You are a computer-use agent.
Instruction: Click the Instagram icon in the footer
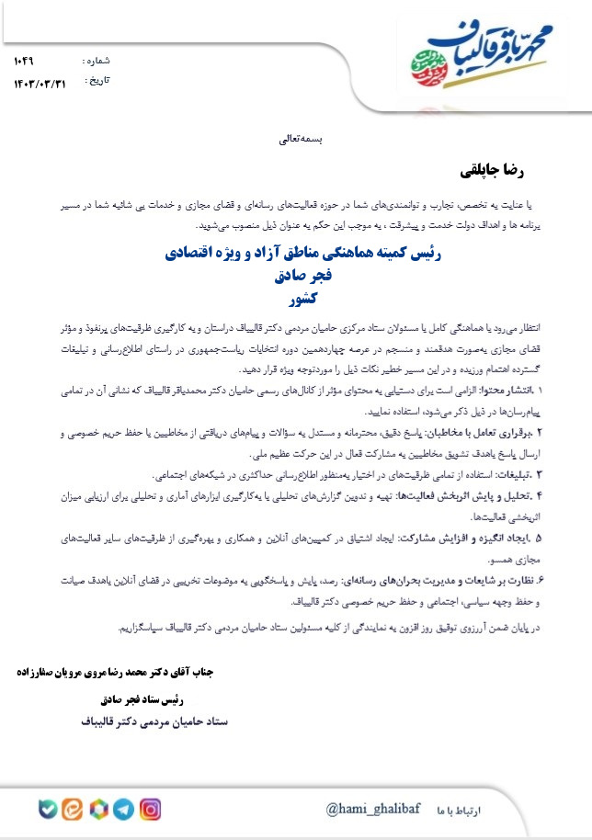(x=151, y=810)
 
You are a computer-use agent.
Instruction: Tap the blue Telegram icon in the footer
(x=122, y=810)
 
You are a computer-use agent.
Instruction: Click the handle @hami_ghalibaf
(x=372, y=809)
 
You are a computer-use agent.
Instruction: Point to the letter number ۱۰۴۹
(x=24, y=61)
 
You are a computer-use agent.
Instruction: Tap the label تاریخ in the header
(x=97, y=81)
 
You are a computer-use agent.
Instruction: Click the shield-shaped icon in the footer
(x=47, y=810)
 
